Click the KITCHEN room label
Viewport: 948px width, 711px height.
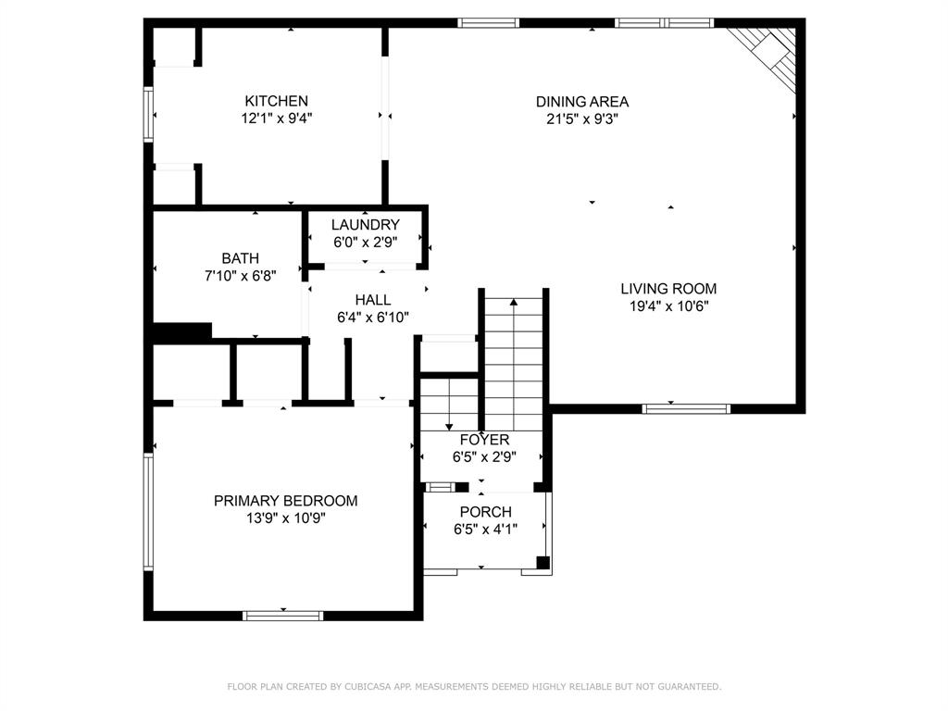pyautogui.click(x=276, y=101)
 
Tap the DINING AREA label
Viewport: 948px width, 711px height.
pyautogui.click(x=582, y=102)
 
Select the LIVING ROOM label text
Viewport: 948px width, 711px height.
pyautogui.click(x=668, y=289)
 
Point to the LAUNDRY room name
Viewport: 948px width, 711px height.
pyautogui.click(x=365, y=224)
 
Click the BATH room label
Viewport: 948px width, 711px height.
pyautogui.click(x=240, y=258)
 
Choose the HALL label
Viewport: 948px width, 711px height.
pyautogui.click(x=372, y=299)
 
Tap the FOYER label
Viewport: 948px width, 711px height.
pyautogui.click(x=484, y=440)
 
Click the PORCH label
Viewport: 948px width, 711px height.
pyautogui.click(x=485, y=511)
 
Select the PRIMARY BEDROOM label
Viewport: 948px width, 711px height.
pyautogui.click(x=285, y=501)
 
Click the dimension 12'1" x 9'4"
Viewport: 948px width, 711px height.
pyautogui.click(x=276, y=118)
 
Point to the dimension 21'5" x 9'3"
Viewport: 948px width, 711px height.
pyautogui.click(x=582, y=119)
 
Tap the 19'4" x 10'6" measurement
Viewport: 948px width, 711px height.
pyautogui.click(x=668, y=306)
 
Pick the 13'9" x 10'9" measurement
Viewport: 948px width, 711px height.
pyautogui.click(x=285, y=518)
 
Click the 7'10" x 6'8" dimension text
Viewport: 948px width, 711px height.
pyautogui.click(x=240, y=276)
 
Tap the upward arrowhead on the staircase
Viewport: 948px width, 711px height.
pyautogui.click(x=513, y=301)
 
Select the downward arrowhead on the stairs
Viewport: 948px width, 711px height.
pyautogui.click(x=449, y=428)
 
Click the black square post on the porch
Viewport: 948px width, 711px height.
pyautogui.click(x=543, y=562)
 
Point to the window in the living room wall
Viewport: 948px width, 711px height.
pyautogui.click(x=686, y=408)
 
